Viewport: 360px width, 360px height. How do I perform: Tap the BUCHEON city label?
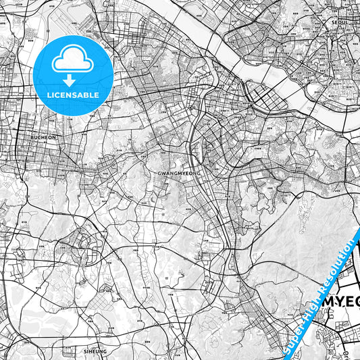click(x=44, y=136)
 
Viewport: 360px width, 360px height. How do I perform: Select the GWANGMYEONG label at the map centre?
click(x=179, y=173)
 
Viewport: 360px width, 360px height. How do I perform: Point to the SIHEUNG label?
click(x=95, y=352)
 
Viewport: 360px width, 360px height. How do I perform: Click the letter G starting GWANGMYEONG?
click(x=158, y=173)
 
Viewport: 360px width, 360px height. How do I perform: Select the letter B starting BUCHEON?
click(x=32, y=136)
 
